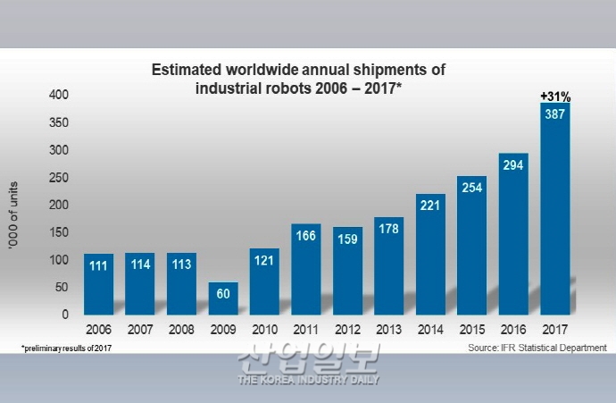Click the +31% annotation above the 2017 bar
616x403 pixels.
[555, 95]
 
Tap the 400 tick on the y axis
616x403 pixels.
[58, 95]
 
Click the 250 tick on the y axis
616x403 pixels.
[58, 178]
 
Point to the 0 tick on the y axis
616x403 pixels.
[64, 315]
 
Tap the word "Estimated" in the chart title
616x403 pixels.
[186, 70]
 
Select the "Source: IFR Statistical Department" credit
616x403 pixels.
[537, 347]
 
